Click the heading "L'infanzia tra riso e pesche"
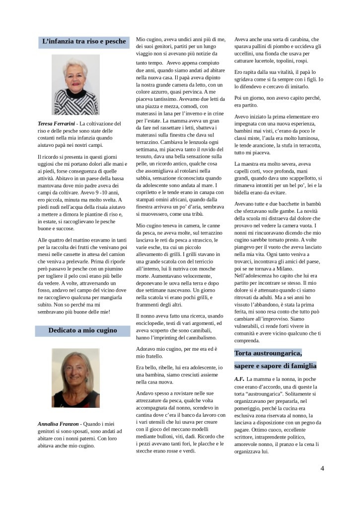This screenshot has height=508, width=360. (x=84, y=42)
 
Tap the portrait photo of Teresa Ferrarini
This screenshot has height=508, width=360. (x=75, y=84)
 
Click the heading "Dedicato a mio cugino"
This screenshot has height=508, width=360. (x=82, y=330)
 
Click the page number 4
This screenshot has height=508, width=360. (x=322, y=468)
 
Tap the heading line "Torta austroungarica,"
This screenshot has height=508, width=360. (x=268, y=353)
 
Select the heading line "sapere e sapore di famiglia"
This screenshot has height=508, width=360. (x=275, y=366)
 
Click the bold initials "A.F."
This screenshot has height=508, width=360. (x=239, y=379)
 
